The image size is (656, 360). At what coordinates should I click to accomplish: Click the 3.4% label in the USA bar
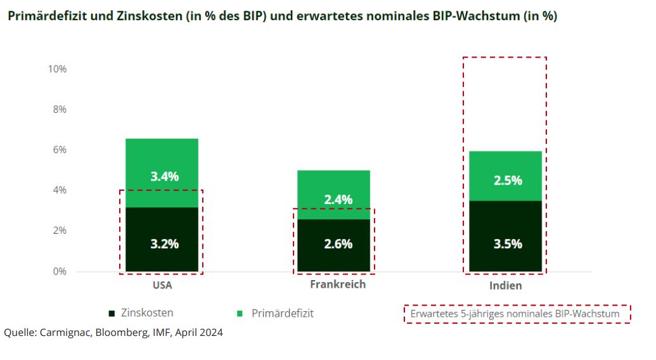(164, 177)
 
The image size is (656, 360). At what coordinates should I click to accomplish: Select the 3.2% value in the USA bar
(164, 243)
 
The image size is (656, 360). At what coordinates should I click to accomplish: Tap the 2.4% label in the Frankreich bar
(338, 200)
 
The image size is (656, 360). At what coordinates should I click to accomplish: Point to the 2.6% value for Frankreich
(338, 244)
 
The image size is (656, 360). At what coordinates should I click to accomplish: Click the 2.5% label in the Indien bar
(508, 181)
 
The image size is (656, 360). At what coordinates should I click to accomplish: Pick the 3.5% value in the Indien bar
(508, 243)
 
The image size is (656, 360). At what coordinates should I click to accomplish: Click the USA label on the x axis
(162, 285)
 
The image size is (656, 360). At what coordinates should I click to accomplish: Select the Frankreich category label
(338, 284)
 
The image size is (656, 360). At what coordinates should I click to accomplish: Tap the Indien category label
(506, 286)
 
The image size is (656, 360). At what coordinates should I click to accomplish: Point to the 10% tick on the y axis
(57, 68)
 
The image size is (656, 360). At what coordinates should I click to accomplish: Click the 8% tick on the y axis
(59, 109)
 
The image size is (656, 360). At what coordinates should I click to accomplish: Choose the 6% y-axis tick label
(59, 150)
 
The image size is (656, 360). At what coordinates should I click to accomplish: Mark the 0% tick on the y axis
(59, 271)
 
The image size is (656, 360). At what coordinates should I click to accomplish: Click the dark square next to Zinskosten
(112, 313)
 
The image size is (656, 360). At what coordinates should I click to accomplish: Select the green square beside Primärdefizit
(240, 313)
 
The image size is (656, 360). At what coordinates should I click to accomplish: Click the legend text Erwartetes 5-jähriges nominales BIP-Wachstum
(517, 314)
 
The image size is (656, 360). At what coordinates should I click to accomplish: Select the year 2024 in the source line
(210, 331)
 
